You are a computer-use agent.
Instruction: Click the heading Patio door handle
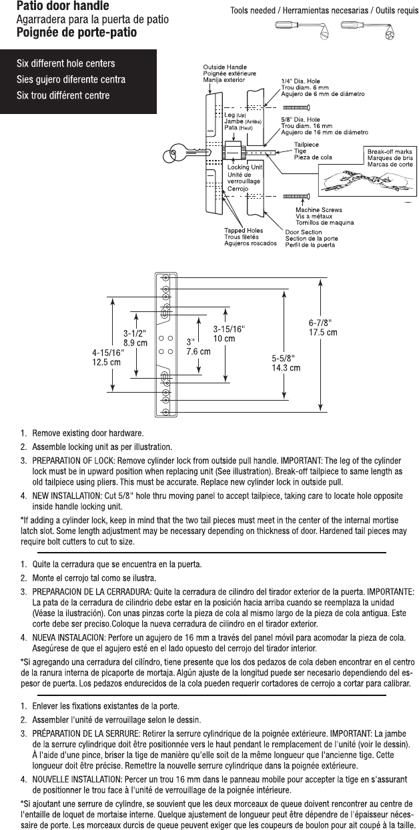click(x=59, y=7)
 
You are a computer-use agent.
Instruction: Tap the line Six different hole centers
click(x=65, y=64)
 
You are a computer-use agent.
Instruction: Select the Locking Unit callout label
click(x=244, y=167)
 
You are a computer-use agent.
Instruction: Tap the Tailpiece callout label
click(x=305, y=145)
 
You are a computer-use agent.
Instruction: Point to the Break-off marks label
click(x=390, y=152)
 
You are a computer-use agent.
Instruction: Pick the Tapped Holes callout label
click(x=243, y=230)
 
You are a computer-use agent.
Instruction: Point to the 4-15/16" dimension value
click(x=107, y=353)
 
